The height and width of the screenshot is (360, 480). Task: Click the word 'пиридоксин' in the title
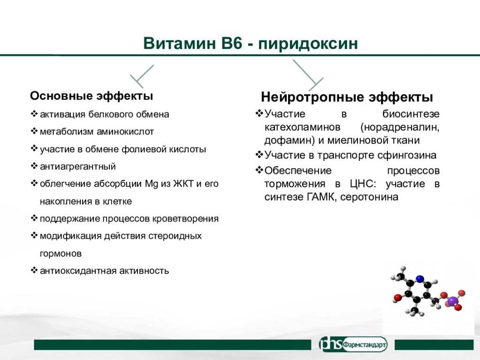coord(308,44)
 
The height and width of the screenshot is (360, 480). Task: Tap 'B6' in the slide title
coord(232,43)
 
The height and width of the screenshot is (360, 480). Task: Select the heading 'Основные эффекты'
coord(91,96)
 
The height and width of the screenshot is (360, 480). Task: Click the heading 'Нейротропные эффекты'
coord(347,97)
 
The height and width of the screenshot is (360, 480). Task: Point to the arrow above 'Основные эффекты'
coord(142,76)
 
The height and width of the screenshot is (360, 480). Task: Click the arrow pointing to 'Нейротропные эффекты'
coord(308,75)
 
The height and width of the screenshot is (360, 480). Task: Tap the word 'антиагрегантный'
coord(78,166)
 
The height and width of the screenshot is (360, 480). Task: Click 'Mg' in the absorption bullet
coord(152,184)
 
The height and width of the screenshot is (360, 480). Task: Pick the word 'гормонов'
coord(61,254)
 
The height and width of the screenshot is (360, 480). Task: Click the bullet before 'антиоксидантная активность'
coord(34,270)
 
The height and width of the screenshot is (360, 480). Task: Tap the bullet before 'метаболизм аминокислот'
coord(34,131)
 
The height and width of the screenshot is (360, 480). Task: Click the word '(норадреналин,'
coord(400,127)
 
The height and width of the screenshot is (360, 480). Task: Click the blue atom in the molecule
coord(420,278)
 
